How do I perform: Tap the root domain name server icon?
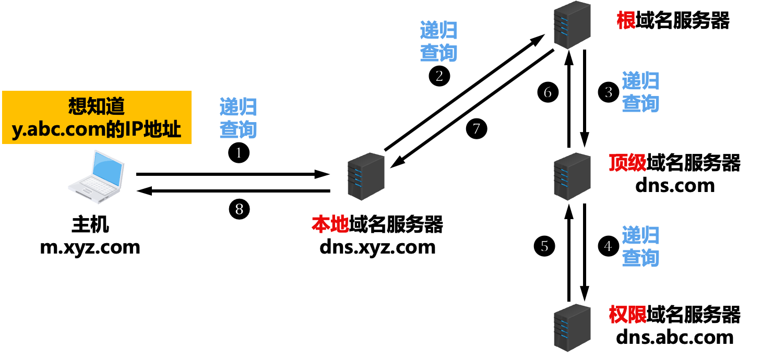(x=572, y=25)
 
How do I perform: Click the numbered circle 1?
(x=239, y=153)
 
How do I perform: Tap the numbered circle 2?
(x=439, y=76)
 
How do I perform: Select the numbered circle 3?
(x=608, y=93)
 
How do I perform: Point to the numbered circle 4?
(x=608, y=245)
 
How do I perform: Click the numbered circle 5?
(x=544, y=245)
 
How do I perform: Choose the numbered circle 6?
(x=548, y=93)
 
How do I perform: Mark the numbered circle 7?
(x=476, y=129)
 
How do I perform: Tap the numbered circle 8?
(x=240, y=209)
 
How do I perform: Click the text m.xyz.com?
(x=90, y=246)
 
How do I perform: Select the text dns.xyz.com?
(x=377, y=246)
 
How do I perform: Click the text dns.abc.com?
(x=674, y=337)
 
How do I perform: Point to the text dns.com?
(x=674, y=185)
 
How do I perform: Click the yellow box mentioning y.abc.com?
(x=97, y=117)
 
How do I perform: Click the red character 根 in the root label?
(x=626, y=21)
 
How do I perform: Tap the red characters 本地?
(x=330, y=224)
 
